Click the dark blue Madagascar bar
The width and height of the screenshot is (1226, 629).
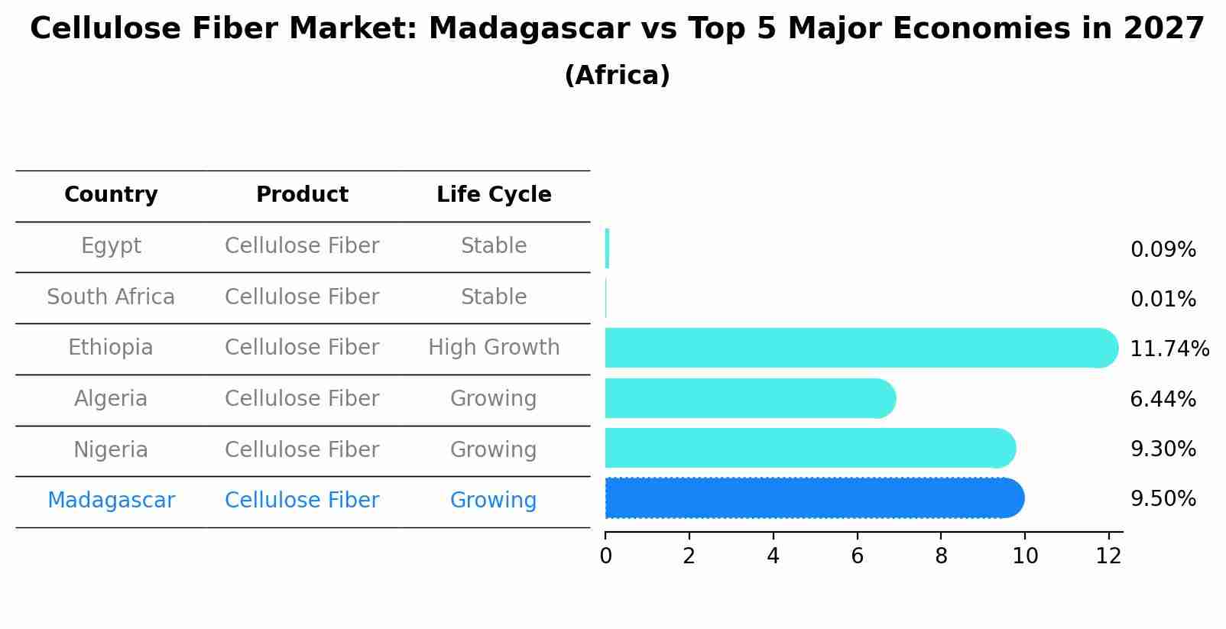point(814,498)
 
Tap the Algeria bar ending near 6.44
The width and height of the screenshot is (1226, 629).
point(749,398)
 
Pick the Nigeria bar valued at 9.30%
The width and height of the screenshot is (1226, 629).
point(809,448)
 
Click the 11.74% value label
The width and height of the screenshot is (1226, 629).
point(1169,349)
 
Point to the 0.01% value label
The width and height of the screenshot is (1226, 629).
point(1163,300)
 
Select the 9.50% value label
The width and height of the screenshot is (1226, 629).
point(1163,499)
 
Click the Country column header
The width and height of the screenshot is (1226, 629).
point(111,195)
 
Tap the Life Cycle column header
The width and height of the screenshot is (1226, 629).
point(494,195)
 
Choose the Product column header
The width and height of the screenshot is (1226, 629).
point(302,195)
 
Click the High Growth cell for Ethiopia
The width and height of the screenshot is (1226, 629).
point(494,348)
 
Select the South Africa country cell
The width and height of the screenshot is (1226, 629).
point(111,297)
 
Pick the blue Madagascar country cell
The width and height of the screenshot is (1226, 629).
point(111,501)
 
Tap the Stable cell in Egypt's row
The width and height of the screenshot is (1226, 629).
point(494,246)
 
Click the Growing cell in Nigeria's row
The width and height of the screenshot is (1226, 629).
point(494,449)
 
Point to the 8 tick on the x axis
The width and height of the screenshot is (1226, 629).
point(941,556)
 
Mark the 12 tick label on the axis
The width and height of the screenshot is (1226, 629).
point(1108,556)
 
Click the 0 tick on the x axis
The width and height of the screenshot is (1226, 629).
point(605,556)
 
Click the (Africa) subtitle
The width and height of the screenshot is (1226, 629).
point(617,76)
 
